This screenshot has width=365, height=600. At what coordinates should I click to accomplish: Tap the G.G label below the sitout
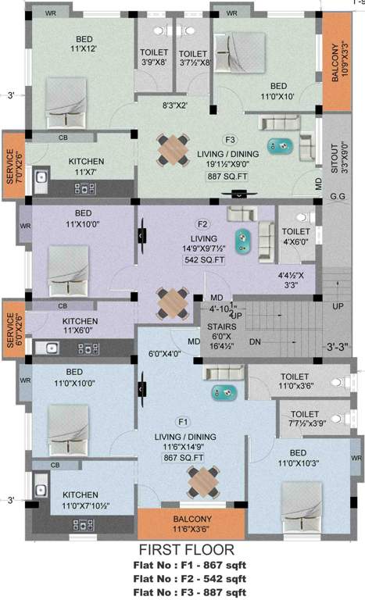[x=338, y=198]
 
